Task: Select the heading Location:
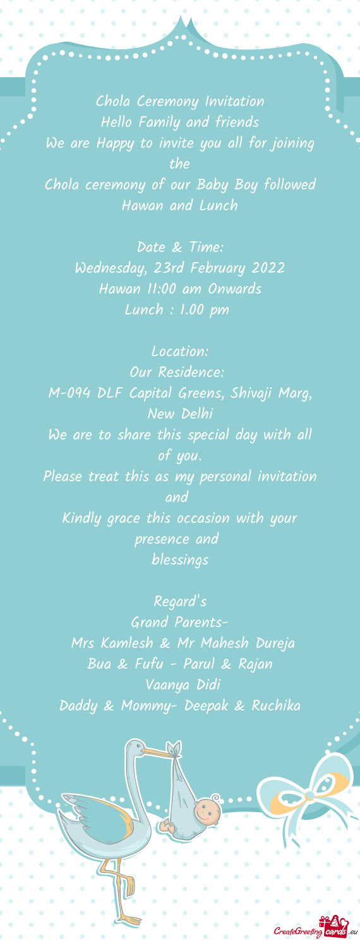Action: coord(180,351)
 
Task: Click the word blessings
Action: coord(180,560)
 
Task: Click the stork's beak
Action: coord(155,752)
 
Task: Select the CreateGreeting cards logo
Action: coord(312,928)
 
